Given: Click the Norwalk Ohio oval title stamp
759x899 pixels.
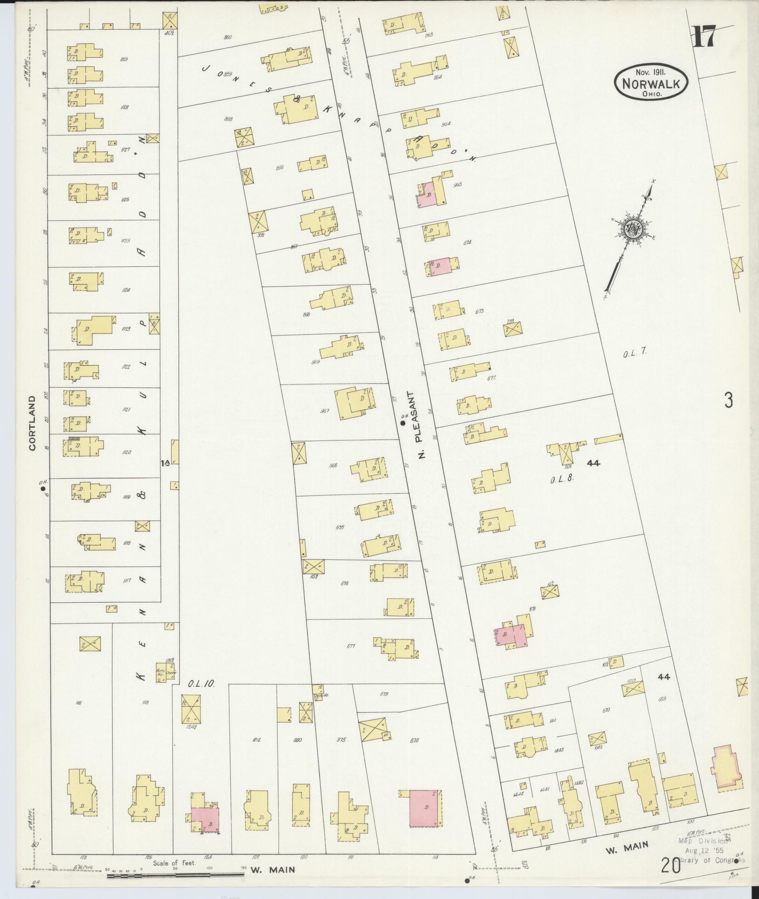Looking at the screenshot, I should (651, 82).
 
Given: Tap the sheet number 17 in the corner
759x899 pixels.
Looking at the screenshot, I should (704, 37).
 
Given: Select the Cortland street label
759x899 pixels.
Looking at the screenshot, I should (32, 423).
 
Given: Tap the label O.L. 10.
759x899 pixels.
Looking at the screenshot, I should (201, 684).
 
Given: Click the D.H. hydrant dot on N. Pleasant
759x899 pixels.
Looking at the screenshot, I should (402, 423).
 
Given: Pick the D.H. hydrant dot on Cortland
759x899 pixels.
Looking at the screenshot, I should (43, 489).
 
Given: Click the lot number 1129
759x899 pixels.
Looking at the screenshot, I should (124, 59).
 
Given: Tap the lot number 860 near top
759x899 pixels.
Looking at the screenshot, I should (228, 37).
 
